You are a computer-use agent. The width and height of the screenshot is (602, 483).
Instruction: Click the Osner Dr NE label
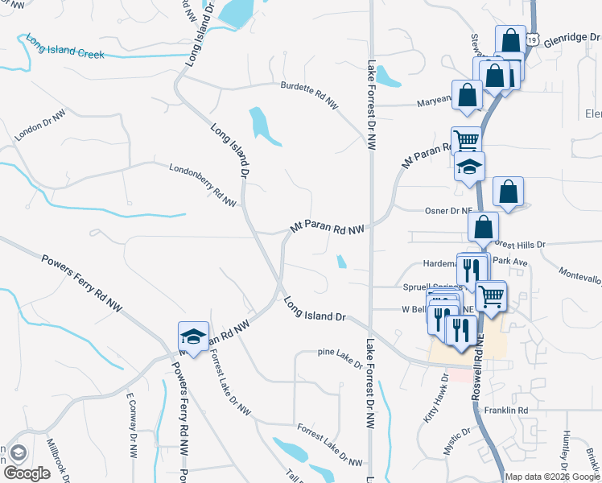[447, 211]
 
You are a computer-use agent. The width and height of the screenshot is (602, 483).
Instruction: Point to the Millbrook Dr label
[60, 456]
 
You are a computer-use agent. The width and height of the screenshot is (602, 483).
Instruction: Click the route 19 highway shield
[533, 38]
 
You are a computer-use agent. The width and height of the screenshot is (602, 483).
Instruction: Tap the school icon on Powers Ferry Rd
[193, 336]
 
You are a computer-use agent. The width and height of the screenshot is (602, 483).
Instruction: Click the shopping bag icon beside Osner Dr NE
[507, 192]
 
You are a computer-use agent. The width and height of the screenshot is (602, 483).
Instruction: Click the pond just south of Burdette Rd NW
[263, 126]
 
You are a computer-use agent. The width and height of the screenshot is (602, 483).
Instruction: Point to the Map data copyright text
[552, 477]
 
